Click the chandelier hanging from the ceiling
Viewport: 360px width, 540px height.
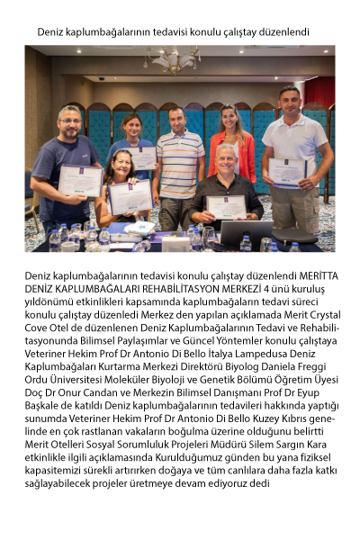172,61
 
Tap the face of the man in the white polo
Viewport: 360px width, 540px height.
289,100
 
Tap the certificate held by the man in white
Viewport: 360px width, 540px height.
288,171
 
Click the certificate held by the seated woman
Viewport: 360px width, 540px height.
130,197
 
